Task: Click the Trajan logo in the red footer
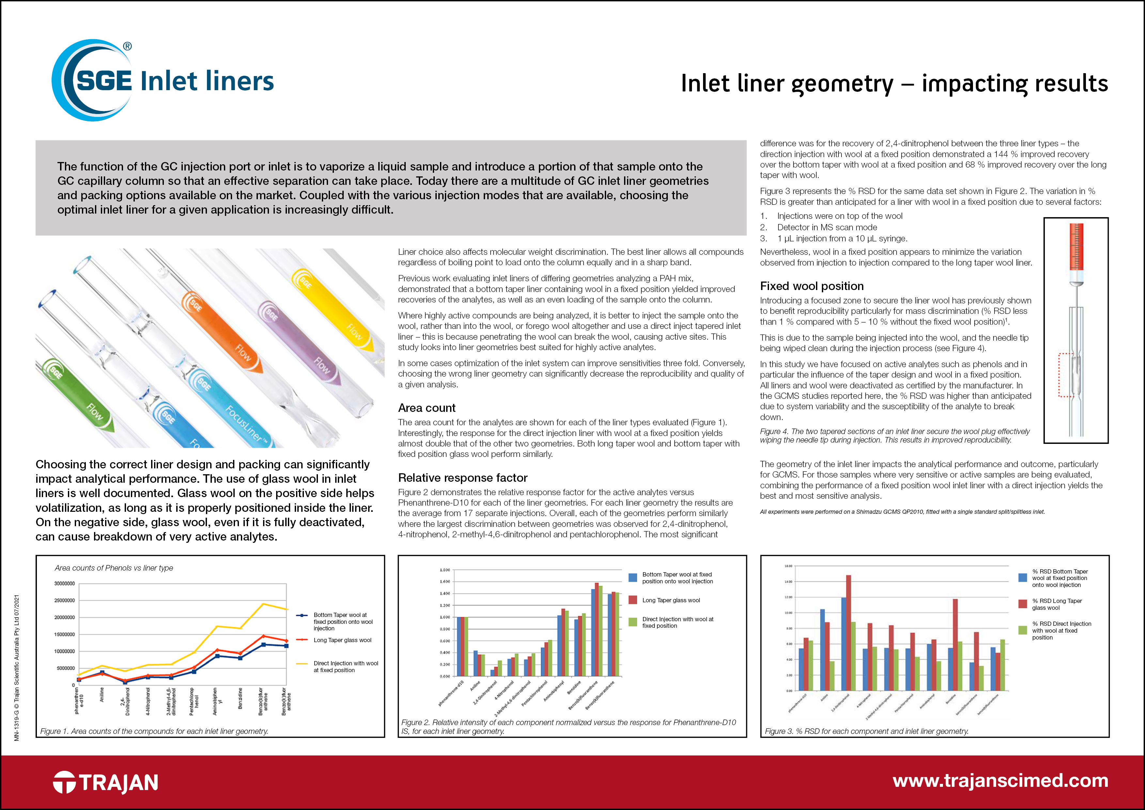pos(106,782)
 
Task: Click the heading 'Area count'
pos(426,408)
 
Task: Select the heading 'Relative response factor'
pos(462,478)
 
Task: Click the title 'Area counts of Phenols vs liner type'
pos(114,568)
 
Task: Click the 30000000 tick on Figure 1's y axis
pos(64,583)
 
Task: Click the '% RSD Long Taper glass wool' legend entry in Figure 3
pos(1056,604)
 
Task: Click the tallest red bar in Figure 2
pos(596,629)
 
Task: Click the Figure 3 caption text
pos(866,731)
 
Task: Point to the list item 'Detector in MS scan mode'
pos(827,227)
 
